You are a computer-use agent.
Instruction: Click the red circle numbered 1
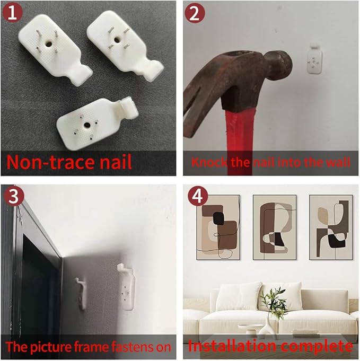point(12,13)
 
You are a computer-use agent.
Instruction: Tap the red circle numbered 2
point(195,13)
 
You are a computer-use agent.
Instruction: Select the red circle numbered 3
point(14,196)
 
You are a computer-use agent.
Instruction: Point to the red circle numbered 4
point(197,196)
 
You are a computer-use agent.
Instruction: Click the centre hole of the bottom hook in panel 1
point(87,125)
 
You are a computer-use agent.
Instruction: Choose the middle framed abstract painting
point(275,227)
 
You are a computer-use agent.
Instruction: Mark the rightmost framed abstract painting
point(331,227)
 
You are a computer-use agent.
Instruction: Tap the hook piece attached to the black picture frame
point(81,293)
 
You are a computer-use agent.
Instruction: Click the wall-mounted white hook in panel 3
point(126,287)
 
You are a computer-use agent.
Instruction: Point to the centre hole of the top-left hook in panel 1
point(48,43)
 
